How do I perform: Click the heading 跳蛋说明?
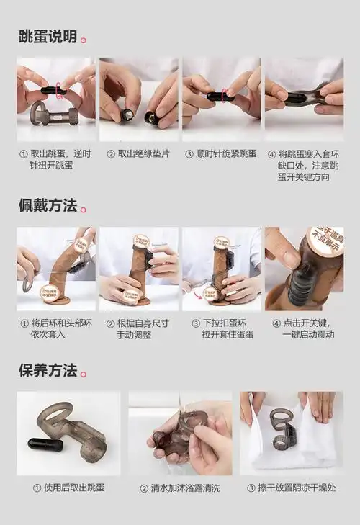coord(48,37)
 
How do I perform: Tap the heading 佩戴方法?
coord(48,205)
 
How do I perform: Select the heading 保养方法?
coord(48,371)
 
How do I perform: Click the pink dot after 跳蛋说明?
coord(84,40)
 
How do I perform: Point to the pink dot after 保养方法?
coord(84,374)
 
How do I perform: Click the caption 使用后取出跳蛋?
coord(68,488)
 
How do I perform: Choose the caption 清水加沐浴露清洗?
coord(180,488)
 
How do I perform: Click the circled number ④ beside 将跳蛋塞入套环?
coord(271,153)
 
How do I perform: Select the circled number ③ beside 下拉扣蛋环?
coord(195,323)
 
